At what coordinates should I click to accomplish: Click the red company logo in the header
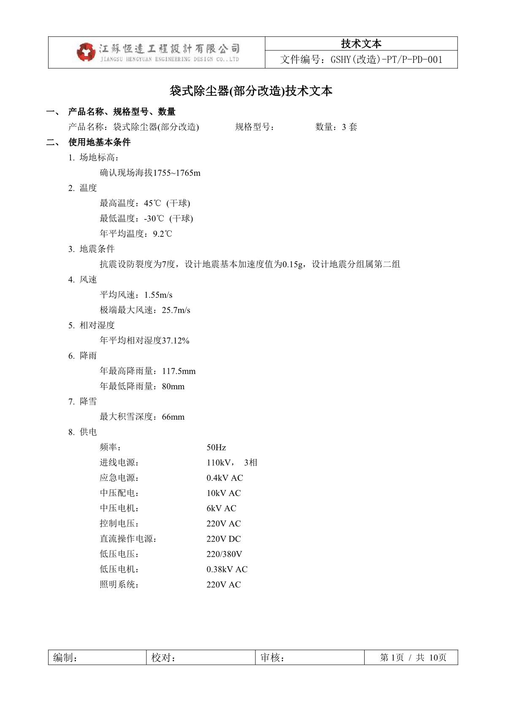coord(86,52)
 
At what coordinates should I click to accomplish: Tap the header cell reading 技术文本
coord(361,43)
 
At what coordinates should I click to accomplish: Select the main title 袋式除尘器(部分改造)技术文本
coord(251,91)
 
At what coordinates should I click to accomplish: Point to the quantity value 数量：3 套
coord(336,127)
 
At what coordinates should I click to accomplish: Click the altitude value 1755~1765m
coord(176,173)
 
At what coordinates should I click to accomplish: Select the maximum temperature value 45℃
coord(152,203)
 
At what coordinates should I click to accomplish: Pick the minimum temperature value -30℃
coord(154,219)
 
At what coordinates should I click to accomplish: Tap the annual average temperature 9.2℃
coord(162,234)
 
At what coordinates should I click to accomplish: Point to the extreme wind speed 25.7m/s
coord(176,310)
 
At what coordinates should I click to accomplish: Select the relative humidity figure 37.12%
coord(176,341)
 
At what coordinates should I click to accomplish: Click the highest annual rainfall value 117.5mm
coord(179,372)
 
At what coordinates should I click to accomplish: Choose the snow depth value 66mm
coord(173,417)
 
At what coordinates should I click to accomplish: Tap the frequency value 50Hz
coord(216,447)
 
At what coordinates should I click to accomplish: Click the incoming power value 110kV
coord(219,463)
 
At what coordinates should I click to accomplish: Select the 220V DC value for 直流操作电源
coord(224,539)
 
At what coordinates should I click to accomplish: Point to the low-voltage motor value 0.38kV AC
coord(227,570)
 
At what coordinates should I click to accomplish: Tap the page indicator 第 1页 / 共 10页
coord(413,658)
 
